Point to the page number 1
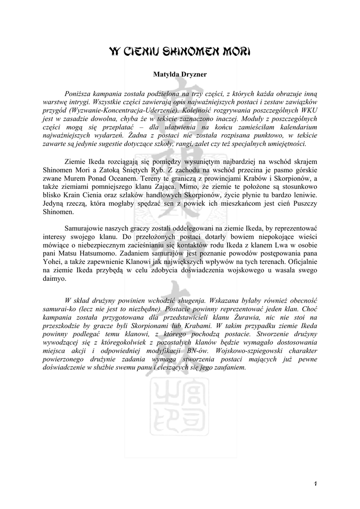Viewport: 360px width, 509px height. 316,484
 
